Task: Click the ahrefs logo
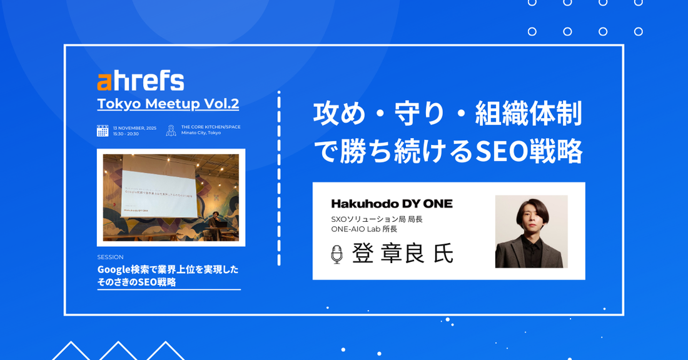pos(141,81)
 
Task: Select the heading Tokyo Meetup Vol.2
pos(168,104)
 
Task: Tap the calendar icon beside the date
pos(103,131)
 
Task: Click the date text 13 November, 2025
pos(134,127)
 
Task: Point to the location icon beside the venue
pos(171,131)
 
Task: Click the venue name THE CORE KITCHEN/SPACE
pos(211,127)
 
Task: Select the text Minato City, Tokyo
pos(201,133)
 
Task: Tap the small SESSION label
pos(110,257)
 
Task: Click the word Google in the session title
pos(112,269)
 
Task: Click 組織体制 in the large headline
pos(529,114)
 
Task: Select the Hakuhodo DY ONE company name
pos(392,204)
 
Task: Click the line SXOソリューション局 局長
pos(377,219)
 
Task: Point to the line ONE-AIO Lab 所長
pos(364,229)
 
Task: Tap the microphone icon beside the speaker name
pos(336,254)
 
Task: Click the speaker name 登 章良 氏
pos(402,253)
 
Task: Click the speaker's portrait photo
pos(531,231)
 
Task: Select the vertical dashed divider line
pos(279,178)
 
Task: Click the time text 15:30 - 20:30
pos(126,134)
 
